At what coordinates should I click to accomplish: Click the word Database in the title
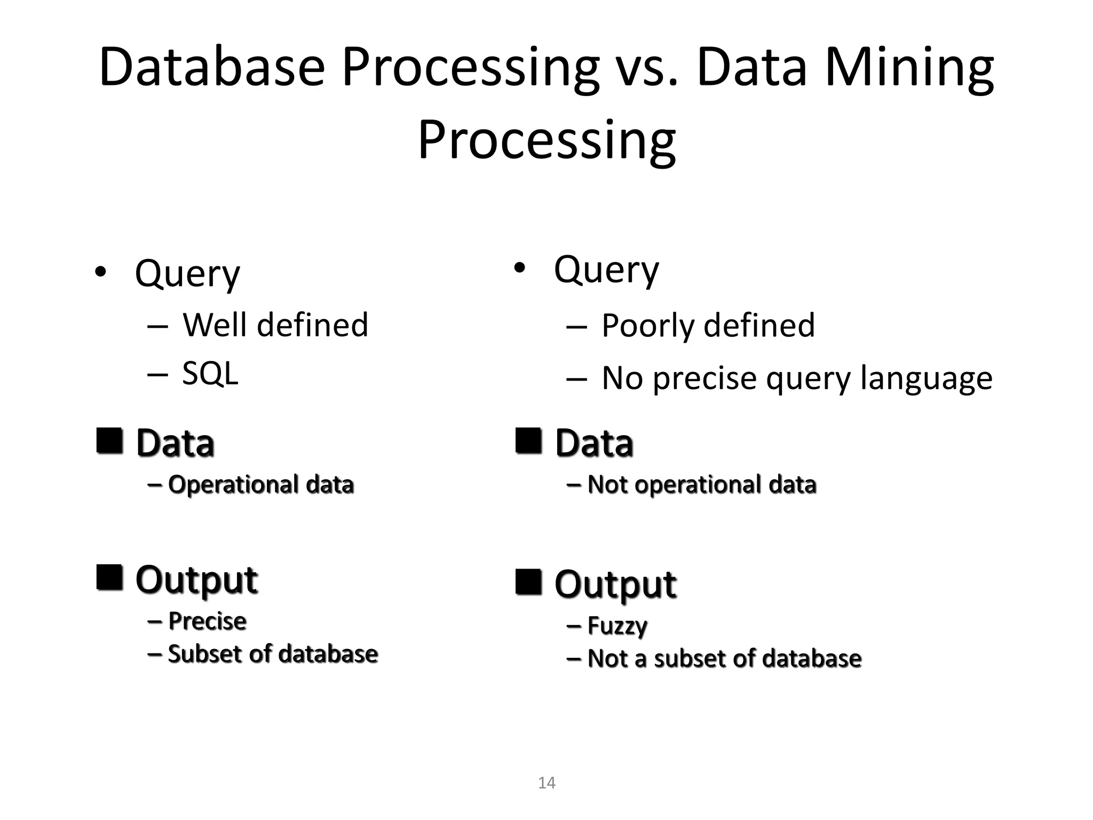tap(212, 67)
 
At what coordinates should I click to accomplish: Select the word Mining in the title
tap(909, 67)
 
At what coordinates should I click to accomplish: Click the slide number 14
tap(546, 783)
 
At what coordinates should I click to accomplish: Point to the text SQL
tap(210, 374)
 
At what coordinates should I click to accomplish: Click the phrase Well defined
tap(275, 325)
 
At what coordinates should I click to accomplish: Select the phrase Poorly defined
tap(708, 325)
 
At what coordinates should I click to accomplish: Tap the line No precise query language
tap(797, 378)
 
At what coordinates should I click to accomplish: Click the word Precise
tap(207, 621)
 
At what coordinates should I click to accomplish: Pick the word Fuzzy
tap(617, 626)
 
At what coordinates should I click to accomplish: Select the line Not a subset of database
tap(724, 658)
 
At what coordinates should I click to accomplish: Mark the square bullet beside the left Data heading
tap(110, 441)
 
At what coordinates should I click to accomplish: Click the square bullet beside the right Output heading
tap(529, 582)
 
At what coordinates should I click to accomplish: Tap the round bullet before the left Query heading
tap(101, 272)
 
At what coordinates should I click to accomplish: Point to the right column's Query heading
tap(606, 270)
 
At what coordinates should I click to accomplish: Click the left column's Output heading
tap(196, 580)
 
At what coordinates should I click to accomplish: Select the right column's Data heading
tap(594, 443)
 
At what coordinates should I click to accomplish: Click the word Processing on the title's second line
tap(546, 140)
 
